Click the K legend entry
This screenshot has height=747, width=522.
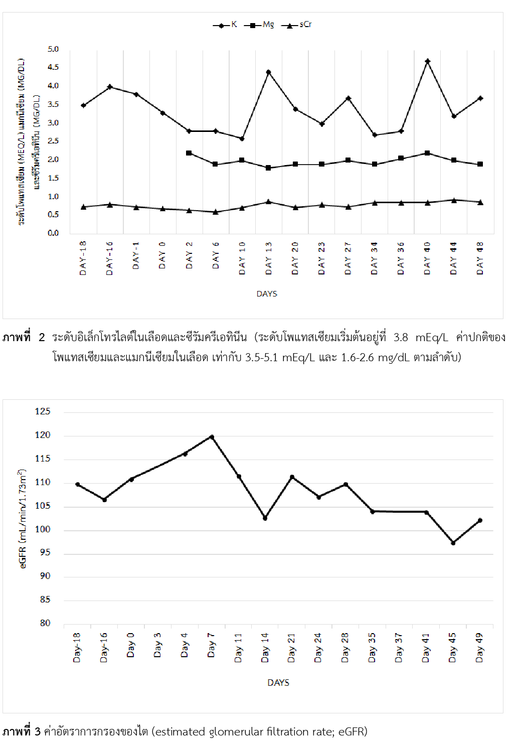225,25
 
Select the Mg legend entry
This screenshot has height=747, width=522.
259,25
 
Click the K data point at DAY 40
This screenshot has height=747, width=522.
428,61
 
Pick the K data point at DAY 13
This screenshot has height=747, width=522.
269,72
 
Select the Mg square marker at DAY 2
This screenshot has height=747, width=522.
189,153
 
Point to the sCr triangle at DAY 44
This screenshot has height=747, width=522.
454,200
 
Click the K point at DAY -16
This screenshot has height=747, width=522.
110,87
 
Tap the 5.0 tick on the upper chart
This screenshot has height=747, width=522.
53,49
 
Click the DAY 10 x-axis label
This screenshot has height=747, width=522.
242,258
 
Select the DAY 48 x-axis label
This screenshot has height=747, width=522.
480,258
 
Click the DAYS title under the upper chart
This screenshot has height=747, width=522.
267,294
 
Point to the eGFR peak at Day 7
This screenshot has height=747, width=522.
212,437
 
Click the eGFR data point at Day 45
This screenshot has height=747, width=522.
453,543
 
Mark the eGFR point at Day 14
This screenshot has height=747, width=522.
265,518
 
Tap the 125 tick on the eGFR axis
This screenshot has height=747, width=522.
43,411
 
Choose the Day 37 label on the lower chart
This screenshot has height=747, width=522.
399,647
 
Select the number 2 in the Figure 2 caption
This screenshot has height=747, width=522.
42,337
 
